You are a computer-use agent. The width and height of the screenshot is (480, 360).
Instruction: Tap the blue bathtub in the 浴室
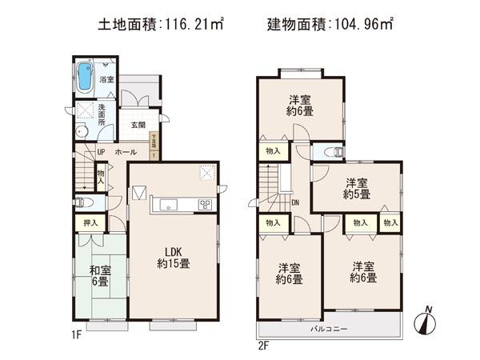click(x=85, y=78)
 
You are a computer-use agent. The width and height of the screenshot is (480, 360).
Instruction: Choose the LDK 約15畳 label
click(x=172, y=258)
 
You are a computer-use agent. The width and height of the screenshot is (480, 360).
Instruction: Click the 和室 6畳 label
click(x=101, y=276)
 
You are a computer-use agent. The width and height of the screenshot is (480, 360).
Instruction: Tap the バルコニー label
click(x=327, y=329)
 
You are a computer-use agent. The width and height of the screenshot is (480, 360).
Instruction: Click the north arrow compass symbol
click(x=426, y=322)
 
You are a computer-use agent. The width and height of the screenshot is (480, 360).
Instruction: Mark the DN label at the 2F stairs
click(x=294, y=202)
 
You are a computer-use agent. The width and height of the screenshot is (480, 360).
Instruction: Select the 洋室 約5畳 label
click(x=358, y=189)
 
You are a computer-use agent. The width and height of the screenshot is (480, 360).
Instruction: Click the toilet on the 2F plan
click(x=331, y=152)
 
